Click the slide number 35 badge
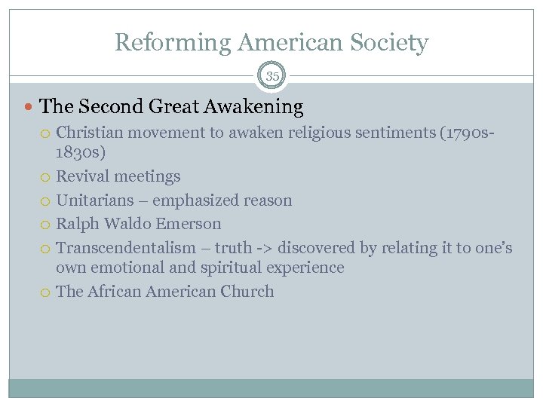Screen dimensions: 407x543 [x=271, y=76]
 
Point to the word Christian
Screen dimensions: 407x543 [x=91, y=133]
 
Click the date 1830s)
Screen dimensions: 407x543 [x=81, y=152]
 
